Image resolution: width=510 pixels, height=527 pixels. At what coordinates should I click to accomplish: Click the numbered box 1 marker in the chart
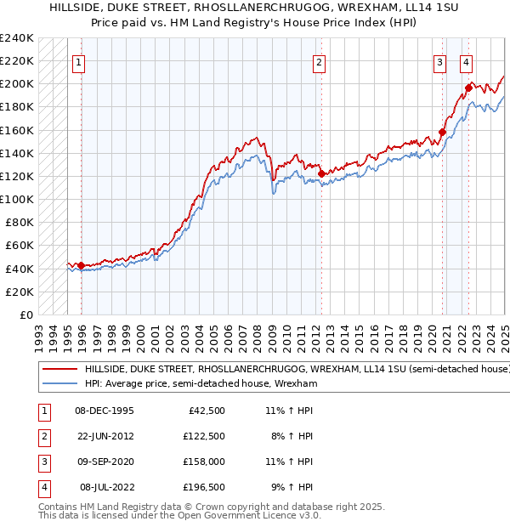(77, 61)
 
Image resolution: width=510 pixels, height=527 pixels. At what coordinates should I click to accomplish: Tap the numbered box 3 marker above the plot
(439, 61)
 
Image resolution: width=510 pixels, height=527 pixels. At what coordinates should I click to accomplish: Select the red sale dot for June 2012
(321, 173)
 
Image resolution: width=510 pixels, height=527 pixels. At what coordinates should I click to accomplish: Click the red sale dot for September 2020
(442, 133)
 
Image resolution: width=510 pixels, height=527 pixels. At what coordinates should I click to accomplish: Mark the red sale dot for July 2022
(468, 88)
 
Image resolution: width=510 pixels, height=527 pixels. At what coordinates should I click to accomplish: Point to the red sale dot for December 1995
(81, 265)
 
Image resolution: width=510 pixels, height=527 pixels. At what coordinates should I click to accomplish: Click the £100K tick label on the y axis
(16, 199)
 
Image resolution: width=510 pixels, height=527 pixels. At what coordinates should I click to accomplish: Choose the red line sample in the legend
(60, 370)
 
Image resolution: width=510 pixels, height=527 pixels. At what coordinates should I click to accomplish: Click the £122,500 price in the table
(203, 436)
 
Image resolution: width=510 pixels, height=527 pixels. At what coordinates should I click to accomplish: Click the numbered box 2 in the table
(43, 436)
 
